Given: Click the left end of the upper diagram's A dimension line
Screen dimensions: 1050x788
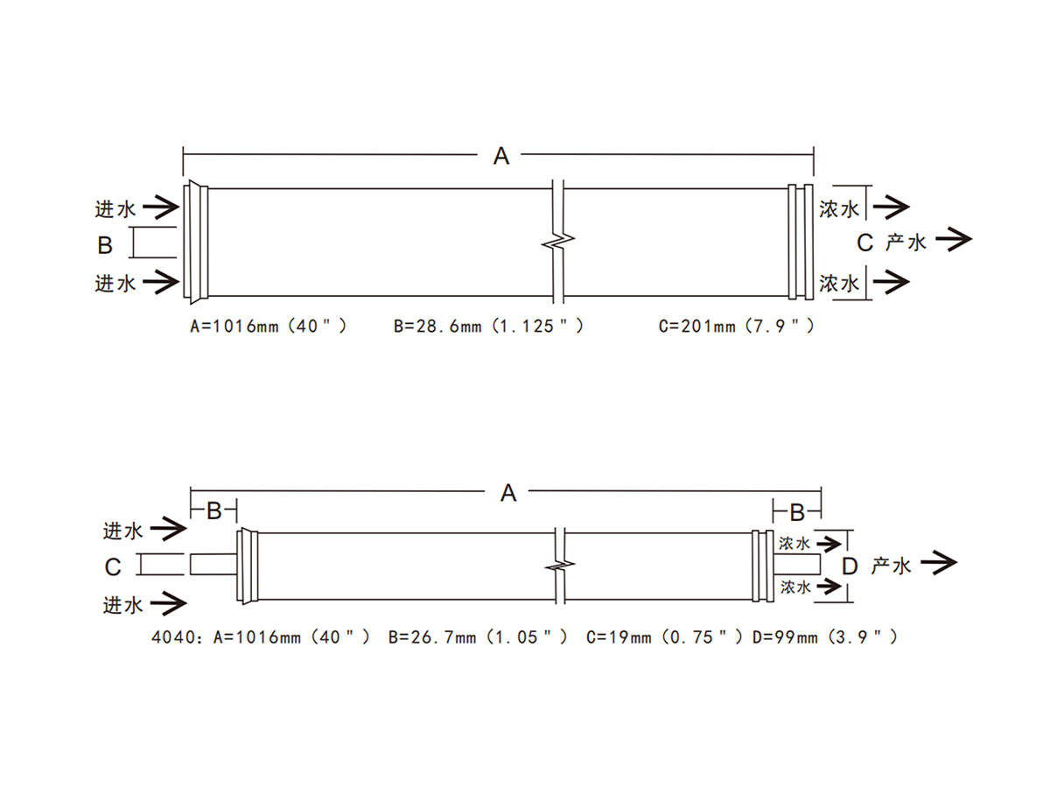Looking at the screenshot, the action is (x=183, y=155).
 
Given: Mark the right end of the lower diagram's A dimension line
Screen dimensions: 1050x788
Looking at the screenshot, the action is (x=822, y=491).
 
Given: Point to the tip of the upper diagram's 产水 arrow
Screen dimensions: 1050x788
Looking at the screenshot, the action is (x=972, y=239).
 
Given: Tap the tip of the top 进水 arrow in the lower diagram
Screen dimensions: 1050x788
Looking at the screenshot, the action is (x=186, y=529).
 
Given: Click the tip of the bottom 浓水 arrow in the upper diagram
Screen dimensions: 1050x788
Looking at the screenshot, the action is (x=909, y=282).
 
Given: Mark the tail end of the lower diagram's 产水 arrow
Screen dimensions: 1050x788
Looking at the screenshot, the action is (x=920, y=563).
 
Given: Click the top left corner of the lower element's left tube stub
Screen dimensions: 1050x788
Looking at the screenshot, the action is (x=191, y=554).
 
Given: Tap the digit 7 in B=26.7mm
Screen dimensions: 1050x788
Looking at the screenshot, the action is (x=449, y=637).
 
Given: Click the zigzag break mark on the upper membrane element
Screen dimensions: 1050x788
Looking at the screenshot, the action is (x=558, y=242).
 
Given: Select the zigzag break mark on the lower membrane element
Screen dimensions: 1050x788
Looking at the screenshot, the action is (x=560, y=566).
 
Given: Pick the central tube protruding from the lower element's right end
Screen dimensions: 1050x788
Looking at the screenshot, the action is (x=797, y=564).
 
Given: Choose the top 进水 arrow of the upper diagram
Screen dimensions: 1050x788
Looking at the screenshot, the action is (x=161, y=208).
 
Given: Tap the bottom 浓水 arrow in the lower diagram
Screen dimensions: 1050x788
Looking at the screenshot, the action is (x=829, y=586).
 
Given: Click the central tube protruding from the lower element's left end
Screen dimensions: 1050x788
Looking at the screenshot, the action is (x=213, y=565).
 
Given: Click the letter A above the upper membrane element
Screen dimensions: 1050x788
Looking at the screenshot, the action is (x=500, y=156).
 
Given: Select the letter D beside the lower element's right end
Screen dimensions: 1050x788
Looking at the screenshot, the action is (x=850, y=566).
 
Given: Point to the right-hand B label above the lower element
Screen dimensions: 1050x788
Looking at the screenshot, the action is (x=797, y=513).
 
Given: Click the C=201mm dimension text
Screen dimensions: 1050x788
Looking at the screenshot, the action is (x=736, y=327).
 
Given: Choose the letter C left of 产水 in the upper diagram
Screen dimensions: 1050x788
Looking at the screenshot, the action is (x=864, y=243).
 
